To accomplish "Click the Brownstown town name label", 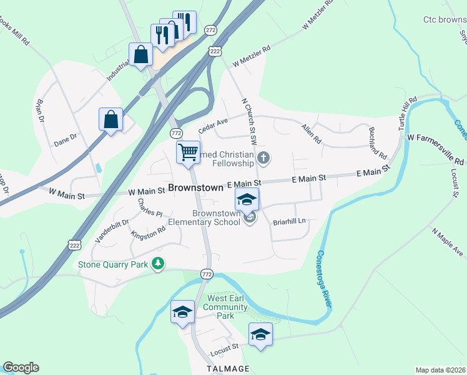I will coord(196,187).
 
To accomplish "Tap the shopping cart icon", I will coord(188,152).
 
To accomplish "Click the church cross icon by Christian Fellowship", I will coord(263,158).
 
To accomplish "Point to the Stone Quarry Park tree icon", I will coord(159,264).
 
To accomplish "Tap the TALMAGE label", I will coord(229,368).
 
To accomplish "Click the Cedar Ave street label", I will coord(214,126).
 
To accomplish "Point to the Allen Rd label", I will coord(310,132).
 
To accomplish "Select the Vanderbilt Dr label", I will coord(112,231).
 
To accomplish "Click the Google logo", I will coord(21,367).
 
